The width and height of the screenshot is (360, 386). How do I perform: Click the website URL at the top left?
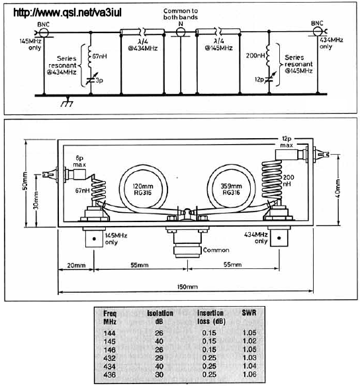tap(67, 13)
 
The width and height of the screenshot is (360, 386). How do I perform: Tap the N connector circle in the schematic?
tap(181, 32)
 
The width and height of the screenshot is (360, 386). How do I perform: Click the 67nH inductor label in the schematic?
tap(99, 56)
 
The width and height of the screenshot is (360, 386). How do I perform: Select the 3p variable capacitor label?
tap(99, 81)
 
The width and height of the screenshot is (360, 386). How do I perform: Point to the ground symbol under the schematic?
tap(67, 101)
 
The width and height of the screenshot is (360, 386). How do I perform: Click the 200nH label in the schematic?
tap(255, 56)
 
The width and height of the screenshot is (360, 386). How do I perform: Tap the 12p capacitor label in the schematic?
tap(259, 79)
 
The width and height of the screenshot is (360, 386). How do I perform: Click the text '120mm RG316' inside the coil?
tap(143, 189)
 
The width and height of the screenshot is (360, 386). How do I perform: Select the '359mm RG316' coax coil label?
tap(231, 189)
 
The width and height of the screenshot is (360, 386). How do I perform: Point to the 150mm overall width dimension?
tap(187, 287)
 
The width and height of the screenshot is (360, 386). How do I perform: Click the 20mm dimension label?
tap(76, 266)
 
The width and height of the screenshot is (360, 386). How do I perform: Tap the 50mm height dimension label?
tap(25, 181)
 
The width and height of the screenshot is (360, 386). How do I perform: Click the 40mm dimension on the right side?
tap(337, 188)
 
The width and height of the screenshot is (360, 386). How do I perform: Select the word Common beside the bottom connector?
tap(216, 250)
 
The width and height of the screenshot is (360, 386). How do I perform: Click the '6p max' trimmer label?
tap(79, 161)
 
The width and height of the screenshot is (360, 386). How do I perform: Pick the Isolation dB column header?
tap(160, 317)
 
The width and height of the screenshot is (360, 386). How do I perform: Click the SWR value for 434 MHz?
tap(249, 366)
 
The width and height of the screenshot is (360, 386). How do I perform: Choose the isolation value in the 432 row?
tap(159, 358)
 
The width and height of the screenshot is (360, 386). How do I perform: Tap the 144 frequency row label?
tap(109, 333)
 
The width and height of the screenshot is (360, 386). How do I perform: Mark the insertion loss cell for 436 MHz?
tap(209, 374)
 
